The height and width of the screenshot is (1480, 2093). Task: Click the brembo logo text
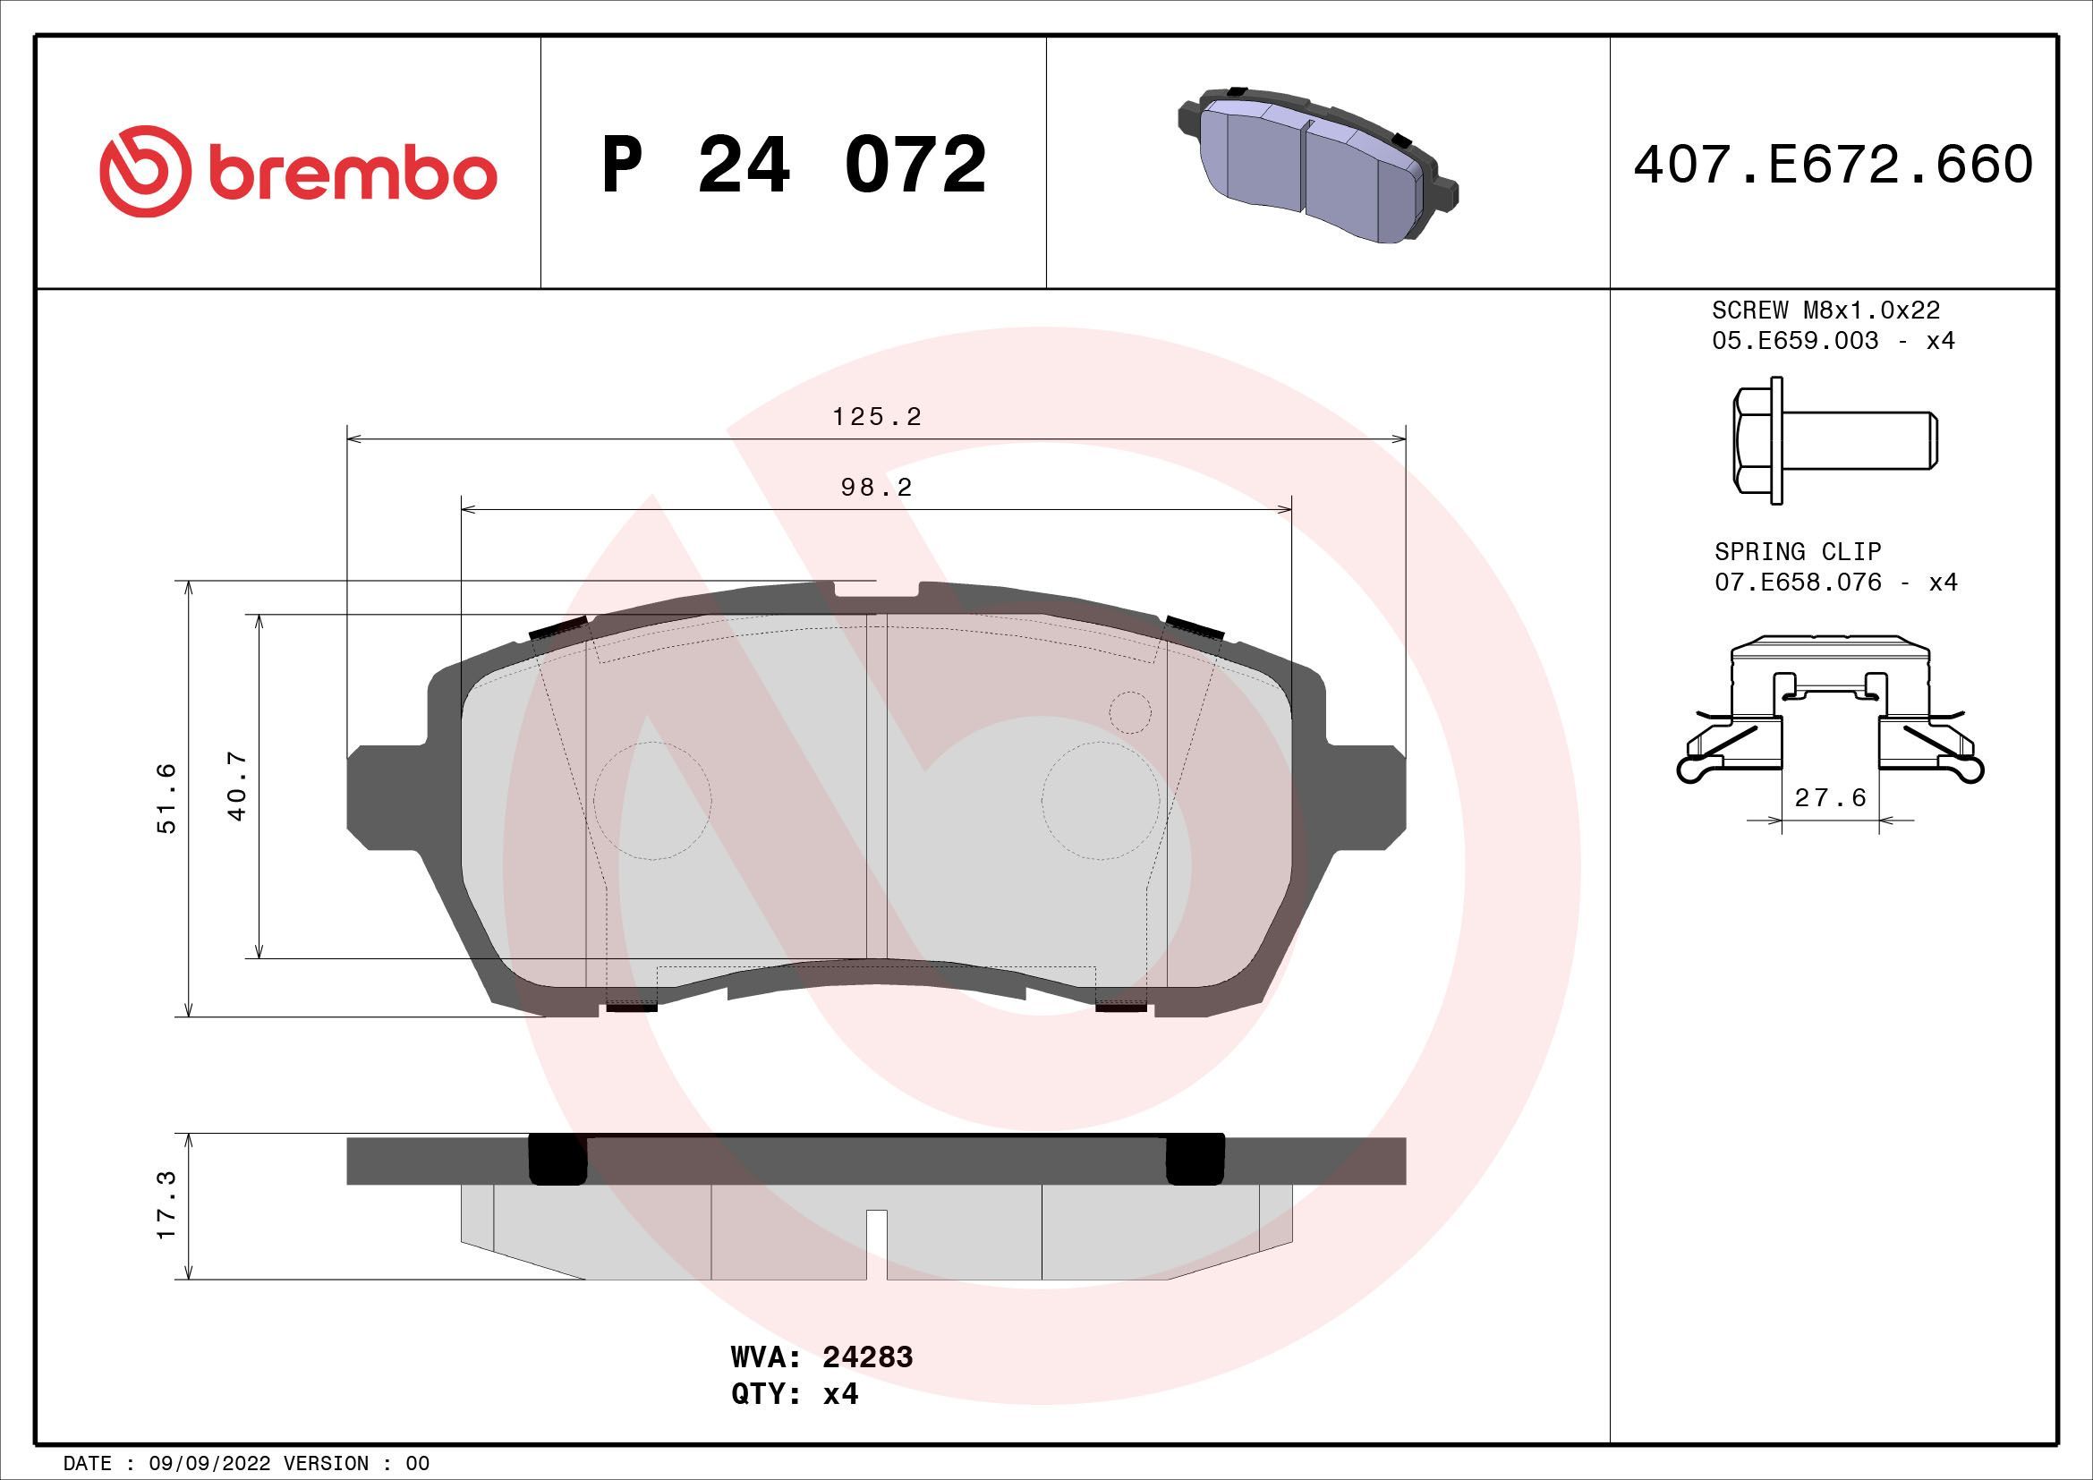352,174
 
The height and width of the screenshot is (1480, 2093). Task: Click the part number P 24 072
793,165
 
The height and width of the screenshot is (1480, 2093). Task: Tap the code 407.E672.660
1833,165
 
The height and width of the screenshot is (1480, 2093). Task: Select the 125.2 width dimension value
877,417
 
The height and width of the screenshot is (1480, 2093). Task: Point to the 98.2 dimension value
877,488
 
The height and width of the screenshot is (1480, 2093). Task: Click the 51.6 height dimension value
166,798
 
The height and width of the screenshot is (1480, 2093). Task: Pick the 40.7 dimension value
238,786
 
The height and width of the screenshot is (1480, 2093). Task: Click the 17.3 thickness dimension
166,1205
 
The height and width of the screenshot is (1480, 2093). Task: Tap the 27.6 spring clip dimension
1830,798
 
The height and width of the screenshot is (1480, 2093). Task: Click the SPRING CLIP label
1797,551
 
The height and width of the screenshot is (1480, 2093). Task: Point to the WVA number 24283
867,1382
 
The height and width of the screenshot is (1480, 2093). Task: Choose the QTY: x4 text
794,1420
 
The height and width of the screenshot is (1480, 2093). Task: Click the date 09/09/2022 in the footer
208,1464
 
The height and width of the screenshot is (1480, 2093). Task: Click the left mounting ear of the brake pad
383,789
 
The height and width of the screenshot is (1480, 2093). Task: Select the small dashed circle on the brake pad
1129,711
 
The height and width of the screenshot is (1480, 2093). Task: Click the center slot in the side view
876,1242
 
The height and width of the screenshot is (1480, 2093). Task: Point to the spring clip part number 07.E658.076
1798,583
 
